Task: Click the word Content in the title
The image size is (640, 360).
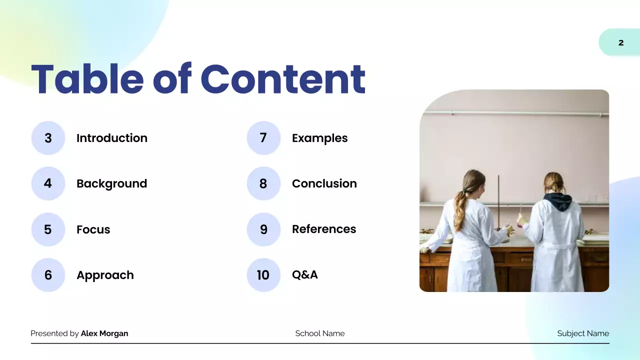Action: point(283,79)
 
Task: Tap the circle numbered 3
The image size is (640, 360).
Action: point(48,138)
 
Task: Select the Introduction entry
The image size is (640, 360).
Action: point(111,138)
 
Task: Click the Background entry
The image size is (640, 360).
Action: point(111,183)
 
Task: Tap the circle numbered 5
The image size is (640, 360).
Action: point(48,229)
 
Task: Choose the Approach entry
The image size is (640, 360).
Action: point(105,275)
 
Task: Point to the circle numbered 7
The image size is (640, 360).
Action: point(263,138)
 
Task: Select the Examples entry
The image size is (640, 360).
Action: point(319,138)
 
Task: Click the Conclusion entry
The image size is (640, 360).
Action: point(324,183)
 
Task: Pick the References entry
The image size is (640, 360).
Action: point(324,229)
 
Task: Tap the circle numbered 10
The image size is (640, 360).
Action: point(263,275)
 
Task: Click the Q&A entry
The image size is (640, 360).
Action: point(304,274)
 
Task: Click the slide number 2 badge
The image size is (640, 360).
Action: point(620,42)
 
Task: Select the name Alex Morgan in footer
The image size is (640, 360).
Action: point(104,333)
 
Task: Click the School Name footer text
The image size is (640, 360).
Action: point(319,333)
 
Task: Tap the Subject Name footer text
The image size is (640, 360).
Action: point(583,333)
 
